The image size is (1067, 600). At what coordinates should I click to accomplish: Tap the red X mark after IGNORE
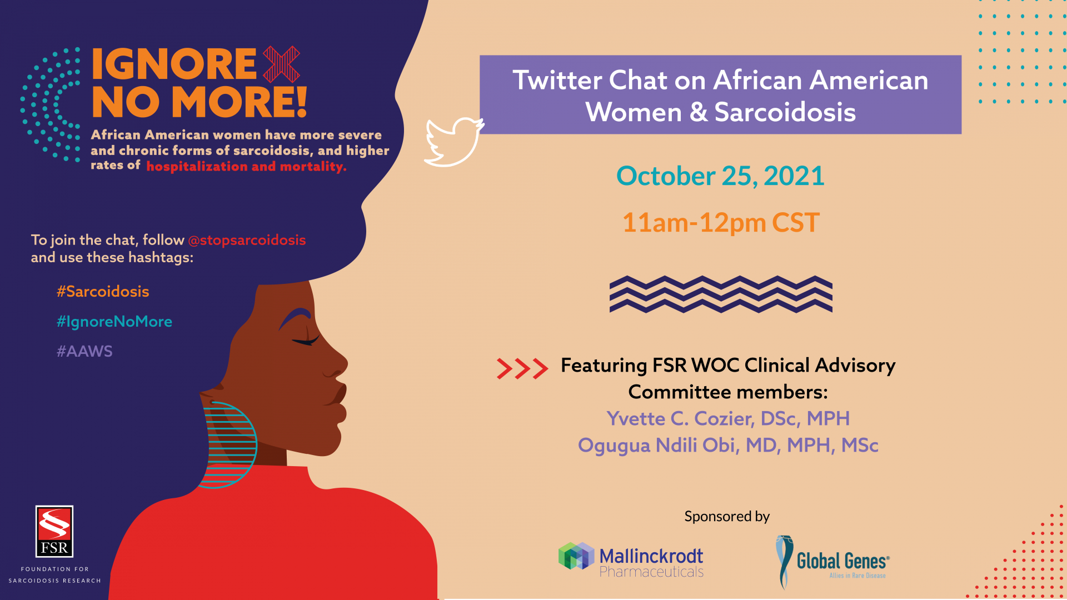point(281,64)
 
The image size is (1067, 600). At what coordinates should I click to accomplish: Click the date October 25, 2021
point(720,176)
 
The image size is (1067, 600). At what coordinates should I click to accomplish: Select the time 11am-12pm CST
point(721,223)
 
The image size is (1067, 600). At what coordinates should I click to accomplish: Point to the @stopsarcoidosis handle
point(247,240)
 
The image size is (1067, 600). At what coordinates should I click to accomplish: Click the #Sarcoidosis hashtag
point(103,291)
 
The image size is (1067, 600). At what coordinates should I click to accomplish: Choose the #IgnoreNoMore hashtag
point(114,322)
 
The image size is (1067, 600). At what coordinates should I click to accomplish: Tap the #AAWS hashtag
point(84,351)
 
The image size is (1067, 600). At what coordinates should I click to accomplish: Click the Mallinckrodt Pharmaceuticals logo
point(631,560)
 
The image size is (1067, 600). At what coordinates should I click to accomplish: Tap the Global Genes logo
point(832,562)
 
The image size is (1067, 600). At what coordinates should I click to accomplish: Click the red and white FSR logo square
point(54,531)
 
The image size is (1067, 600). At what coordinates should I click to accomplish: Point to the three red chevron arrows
point(522,368)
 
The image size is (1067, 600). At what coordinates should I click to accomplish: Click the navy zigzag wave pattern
point(721,294)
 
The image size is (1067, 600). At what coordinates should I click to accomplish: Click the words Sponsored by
point(727,517)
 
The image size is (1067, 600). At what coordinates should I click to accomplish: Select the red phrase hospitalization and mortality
point(246,167)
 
